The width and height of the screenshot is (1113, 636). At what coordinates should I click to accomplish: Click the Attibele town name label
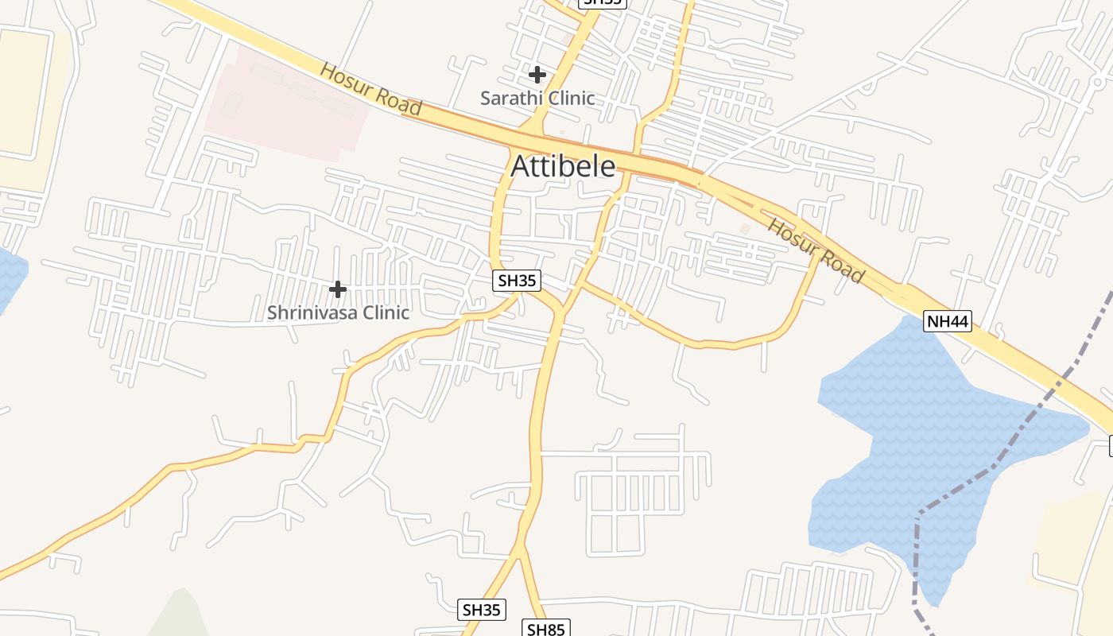click(x=563, y=166)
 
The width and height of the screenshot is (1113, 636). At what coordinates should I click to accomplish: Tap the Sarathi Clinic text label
click(x=537, y=98)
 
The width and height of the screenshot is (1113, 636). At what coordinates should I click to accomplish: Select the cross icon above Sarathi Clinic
click(x=537, y=75)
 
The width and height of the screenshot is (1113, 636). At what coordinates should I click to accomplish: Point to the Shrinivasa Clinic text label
click(x=338, y=312)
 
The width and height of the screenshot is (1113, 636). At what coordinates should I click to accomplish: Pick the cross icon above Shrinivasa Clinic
click(x=338, y=289)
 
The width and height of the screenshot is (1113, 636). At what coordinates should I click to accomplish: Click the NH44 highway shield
click(x=948, y=321)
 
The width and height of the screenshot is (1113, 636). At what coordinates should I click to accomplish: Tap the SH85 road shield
click(x=546, y=629)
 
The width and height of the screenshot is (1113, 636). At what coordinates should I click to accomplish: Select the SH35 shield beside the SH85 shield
click(x=482, y=610)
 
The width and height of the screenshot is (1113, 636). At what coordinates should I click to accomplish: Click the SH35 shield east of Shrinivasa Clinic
click(x=517, y=280)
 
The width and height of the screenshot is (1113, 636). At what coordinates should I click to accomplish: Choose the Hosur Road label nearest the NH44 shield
click(x=816, y=250)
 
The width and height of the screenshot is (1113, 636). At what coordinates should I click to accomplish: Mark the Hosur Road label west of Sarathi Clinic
click(x=370, y=87)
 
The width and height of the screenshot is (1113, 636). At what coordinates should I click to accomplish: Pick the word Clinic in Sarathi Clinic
click(x=567, y=98)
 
